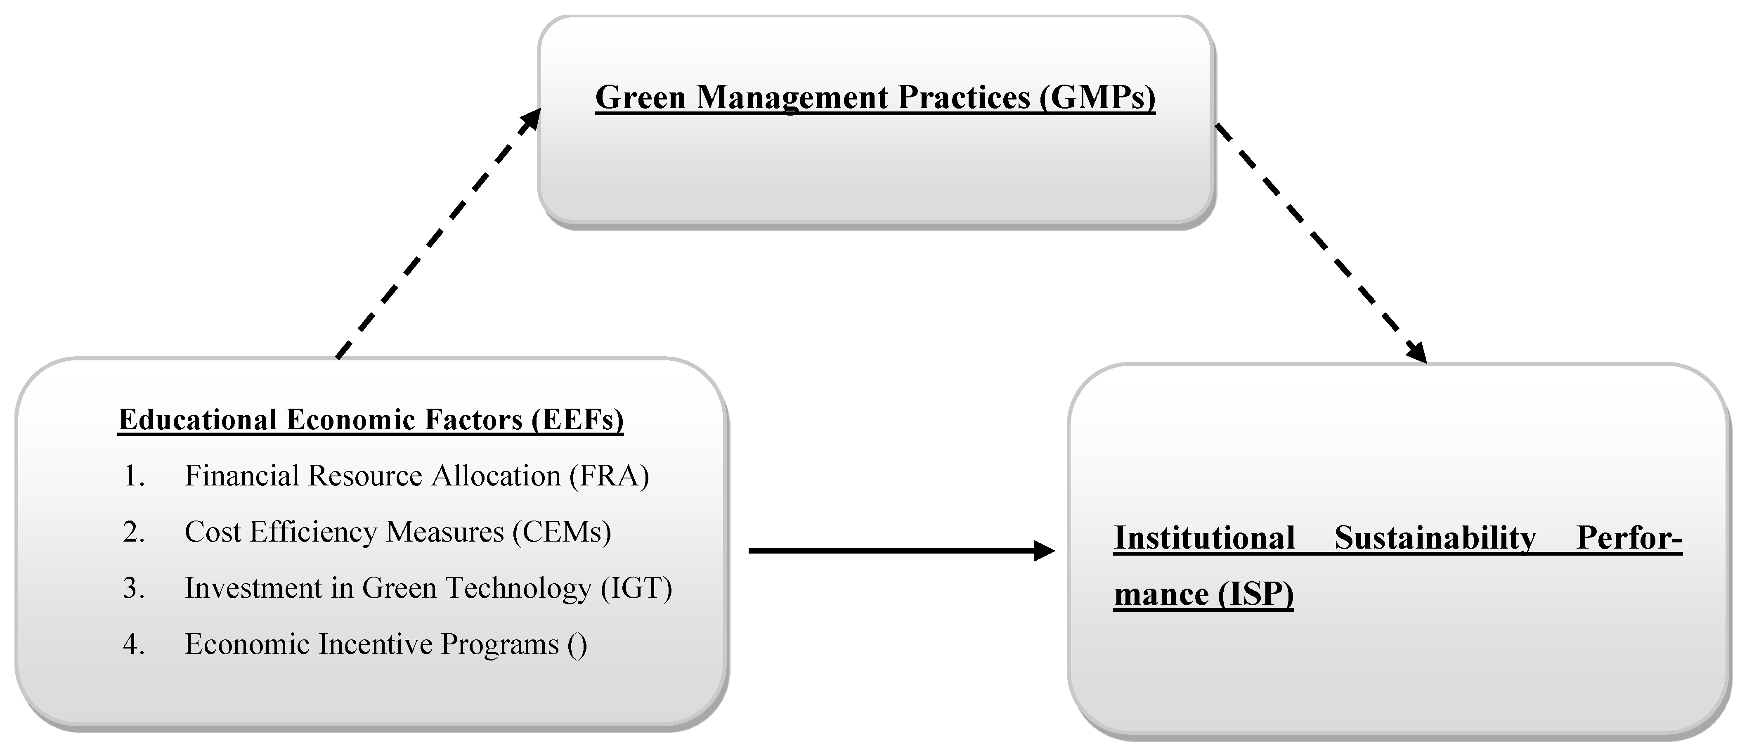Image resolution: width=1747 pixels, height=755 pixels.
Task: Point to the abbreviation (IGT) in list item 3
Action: [636, 588]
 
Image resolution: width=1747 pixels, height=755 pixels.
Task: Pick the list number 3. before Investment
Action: [134, 588]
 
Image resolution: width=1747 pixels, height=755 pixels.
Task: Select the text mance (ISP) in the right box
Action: [1204, 595]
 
